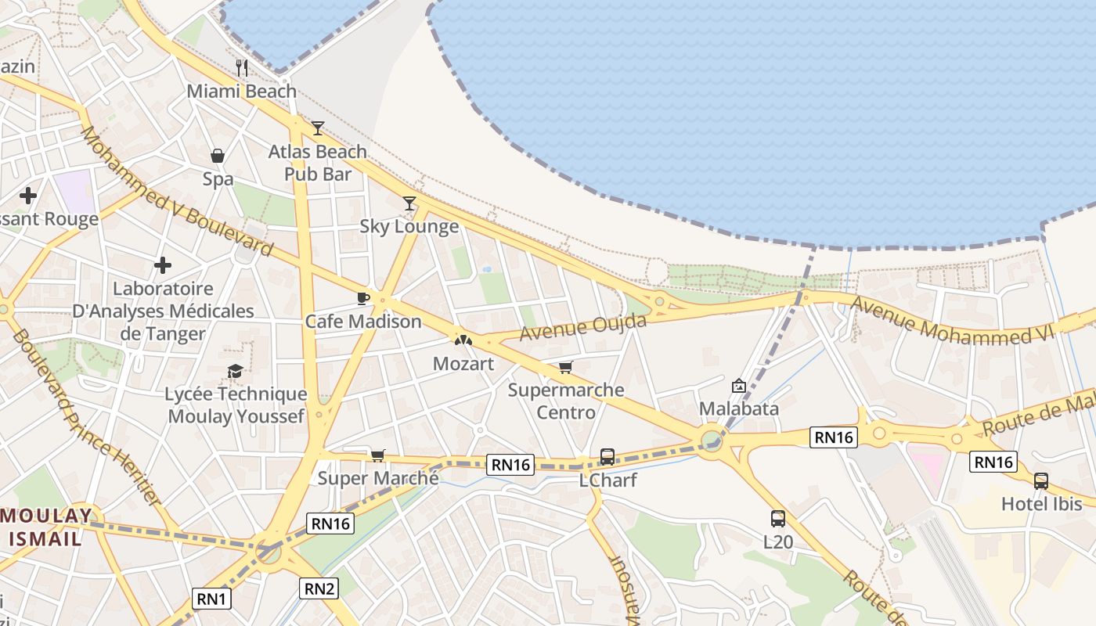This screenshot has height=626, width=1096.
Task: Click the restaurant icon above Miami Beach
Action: click(x=242, y=68)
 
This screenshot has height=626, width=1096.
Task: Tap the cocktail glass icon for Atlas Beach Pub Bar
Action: click(x=317, y=128)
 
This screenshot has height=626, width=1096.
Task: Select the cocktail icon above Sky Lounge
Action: click(x=409, y=203)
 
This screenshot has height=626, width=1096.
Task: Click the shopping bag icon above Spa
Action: click(x=218, y=156)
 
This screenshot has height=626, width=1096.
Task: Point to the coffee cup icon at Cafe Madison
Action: click(x=362, y=297)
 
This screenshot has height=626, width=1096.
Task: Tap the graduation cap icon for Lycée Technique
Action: click(x=235, y=370)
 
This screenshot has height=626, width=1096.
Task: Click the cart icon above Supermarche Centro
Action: click(x=565, y=367)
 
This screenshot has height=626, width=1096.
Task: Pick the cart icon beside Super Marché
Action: click(x=377, y=455)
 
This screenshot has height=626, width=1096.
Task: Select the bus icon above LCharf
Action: click(x=607, y=456)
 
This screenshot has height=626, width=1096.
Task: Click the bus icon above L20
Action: click(x=777, y=518)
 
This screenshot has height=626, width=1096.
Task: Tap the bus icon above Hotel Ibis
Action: click(x=1040, y=480)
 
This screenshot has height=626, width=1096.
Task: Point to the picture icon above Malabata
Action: click(x=738, y=386)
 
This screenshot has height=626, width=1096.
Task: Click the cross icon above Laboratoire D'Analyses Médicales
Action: click(x=163, y=265)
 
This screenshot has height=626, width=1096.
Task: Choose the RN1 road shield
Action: click(x=211, y=599)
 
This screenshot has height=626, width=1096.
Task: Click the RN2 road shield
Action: click(x=320, y=588)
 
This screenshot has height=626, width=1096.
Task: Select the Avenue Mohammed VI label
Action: click(x=953, y=321)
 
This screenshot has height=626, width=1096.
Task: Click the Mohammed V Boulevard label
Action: click(x=176, y=192)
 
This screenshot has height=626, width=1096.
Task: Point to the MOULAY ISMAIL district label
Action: click(x=46, y=527)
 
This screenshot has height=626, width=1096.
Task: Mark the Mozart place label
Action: click(x=463, y=364)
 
